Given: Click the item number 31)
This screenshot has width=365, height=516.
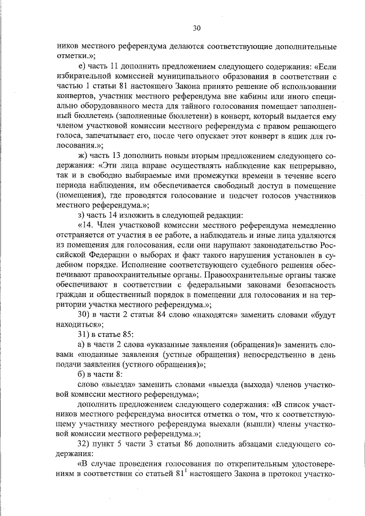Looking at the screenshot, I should click(84, 336).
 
